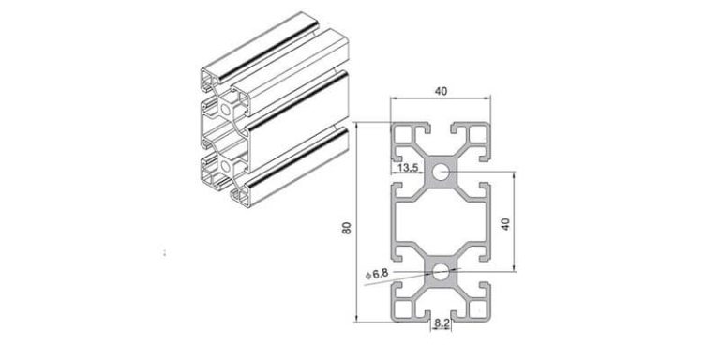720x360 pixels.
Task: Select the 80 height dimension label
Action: [346, 228]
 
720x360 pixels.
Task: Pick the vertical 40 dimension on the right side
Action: [505, 226]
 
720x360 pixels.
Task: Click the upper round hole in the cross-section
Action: [441, 172]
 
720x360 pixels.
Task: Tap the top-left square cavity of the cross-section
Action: [405, 140]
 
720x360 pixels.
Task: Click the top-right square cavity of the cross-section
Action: [476, 140]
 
